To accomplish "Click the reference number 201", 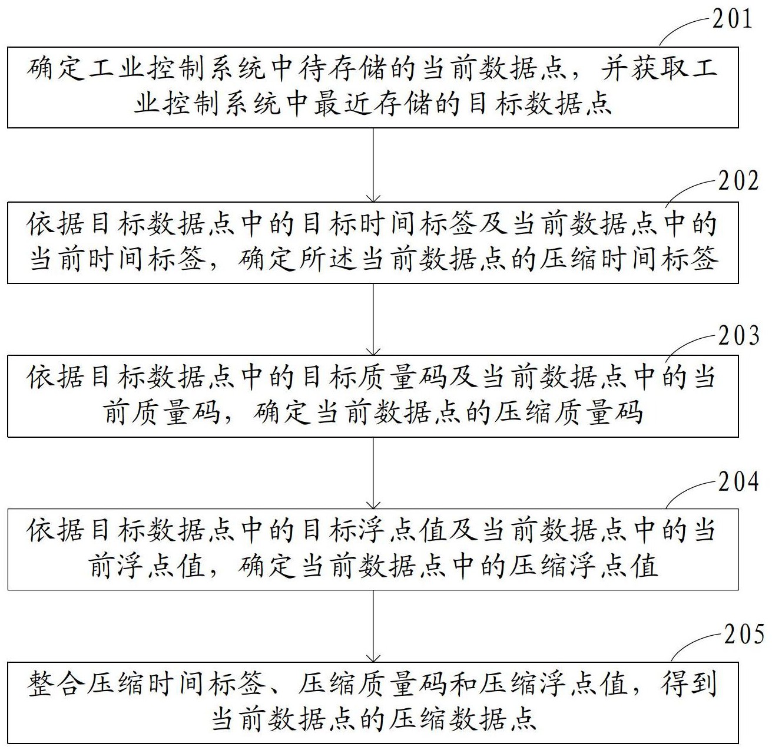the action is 732,19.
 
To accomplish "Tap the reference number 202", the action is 738,181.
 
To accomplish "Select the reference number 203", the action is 738,335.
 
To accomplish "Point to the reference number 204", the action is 738,481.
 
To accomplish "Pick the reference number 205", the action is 744,634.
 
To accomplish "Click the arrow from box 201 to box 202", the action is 373,165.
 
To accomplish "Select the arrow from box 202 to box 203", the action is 373,319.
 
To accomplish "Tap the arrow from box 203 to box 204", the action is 373,473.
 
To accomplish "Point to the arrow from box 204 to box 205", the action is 373,626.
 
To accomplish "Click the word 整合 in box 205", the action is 56,685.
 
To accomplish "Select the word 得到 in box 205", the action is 688,684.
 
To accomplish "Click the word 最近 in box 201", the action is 343,104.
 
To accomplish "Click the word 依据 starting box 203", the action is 55,376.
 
